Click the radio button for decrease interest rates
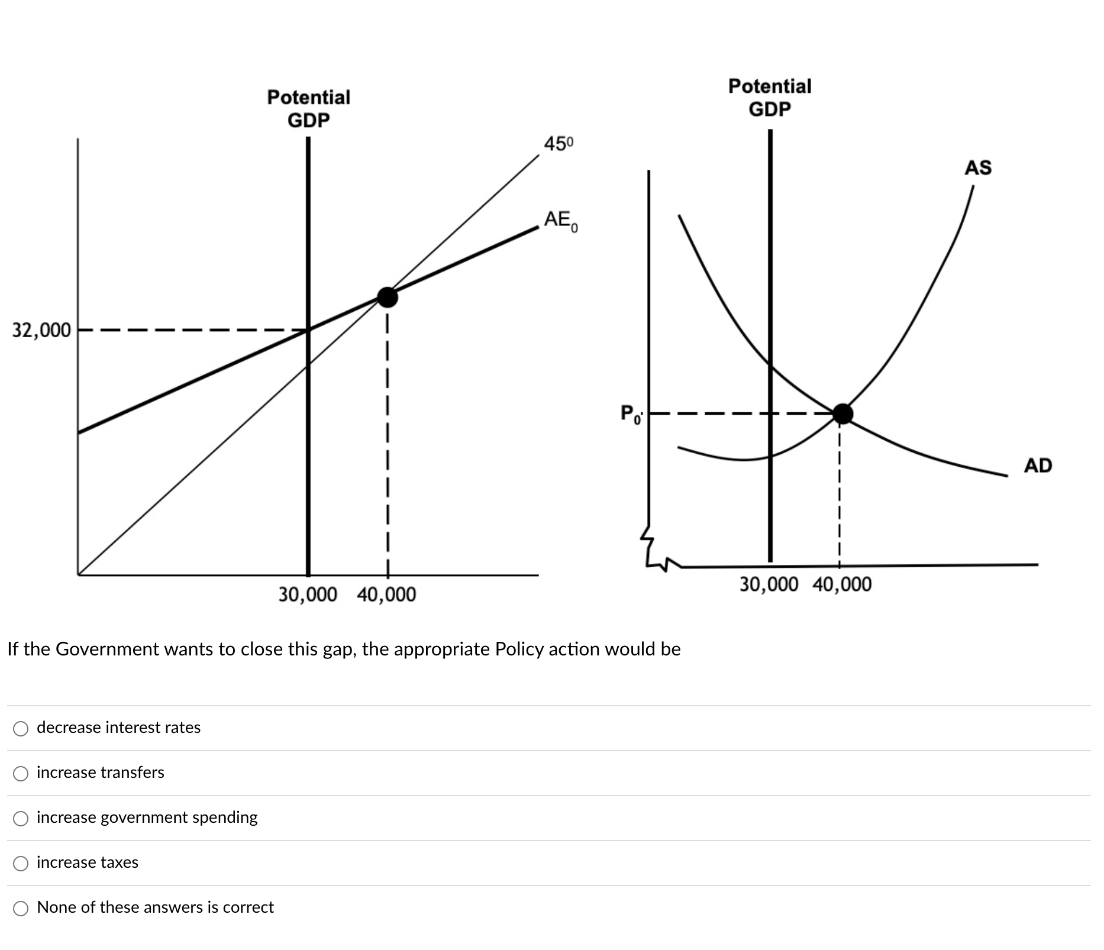coord(21,728)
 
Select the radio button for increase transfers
coord(21,773)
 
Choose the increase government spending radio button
coord(21,818)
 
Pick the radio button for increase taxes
coord(21,863)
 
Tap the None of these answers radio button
coord(21,908)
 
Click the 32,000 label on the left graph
coord(41,330)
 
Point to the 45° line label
coord(558,144)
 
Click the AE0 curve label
coord(560,221)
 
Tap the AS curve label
coord(977,168)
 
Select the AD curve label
coord(1038,466)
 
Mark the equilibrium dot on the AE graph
coord(388,297)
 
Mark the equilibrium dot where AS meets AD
coord(842,413)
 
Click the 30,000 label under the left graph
coord(308,594)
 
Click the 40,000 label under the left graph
coord(386,594)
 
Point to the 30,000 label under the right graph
coord(769,584)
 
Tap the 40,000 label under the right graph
coord(841,584)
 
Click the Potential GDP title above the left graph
coord(308,108)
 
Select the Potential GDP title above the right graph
coord(770,98)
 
